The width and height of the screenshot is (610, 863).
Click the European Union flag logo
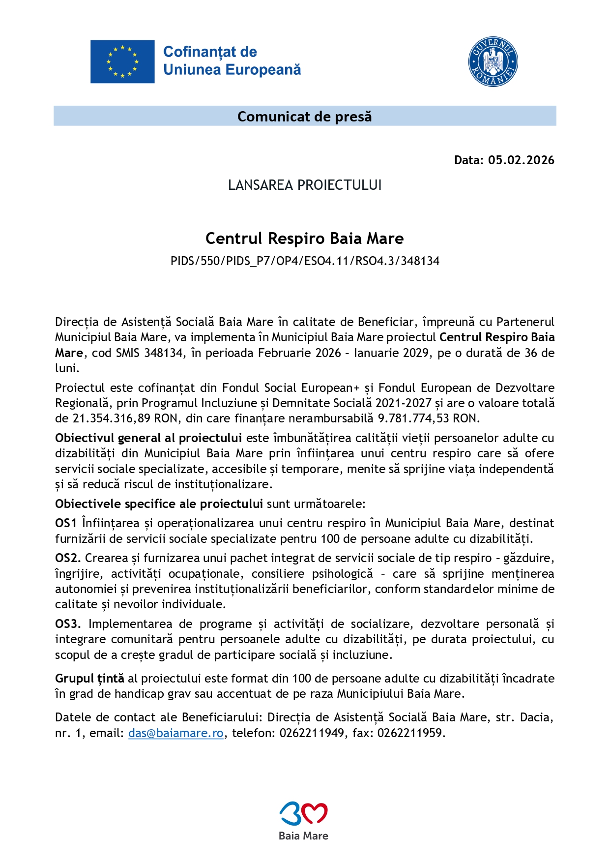pyautogui.click(x=122, y=61)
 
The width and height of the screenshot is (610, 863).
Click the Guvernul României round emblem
pyautogui.click(x=493, y=62)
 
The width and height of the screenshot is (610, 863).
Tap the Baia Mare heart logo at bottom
pyautogui.click(x=303, y=815)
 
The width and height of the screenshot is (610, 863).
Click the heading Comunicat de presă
pyautogui.click(x=304, y=117)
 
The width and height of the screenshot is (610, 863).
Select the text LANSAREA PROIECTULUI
pyautogui.click(x=304, y=185)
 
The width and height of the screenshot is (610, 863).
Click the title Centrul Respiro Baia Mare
pyautogui.click(x=304, y=238)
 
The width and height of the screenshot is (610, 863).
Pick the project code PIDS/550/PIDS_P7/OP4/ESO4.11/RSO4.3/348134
pyautogui.click(x=304, y=261)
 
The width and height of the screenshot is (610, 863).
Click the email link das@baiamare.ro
pyautogui.click(x=175, y=733)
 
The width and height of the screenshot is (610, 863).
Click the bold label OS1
pyautogui.click(x=66, y=523)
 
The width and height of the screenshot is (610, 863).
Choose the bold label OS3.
pyautogui.click(x=67, y=624)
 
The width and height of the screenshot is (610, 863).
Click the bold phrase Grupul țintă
pyautogui.click(x=89, y=679)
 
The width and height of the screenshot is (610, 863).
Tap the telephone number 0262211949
pyautogui.click(x=312, y=733)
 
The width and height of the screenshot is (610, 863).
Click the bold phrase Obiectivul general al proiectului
pyautogui.click(x=148, y=438)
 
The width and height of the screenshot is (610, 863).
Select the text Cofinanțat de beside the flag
pyautogui.click(x=210, y=52)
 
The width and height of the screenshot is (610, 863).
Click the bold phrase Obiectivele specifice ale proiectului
pyautogui.click(x=159, y=504)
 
